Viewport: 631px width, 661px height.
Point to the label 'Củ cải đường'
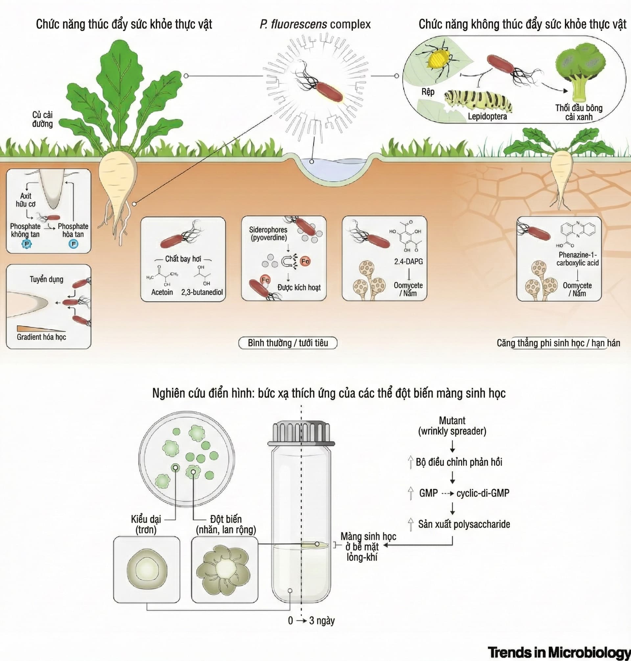[x=42, y=119]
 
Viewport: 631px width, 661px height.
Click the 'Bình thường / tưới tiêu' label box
[x=288, y=343]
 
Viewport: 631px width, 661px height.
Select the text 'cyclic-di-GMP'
[x=483, y=493]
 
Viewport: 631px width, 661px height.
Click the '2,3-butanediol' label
[x=202, y=292]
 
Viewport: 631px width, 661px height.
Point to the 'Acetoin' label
[x=162, y=292]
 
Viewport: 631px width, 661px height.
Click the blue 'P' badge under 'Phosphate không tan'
[x=26, y=244]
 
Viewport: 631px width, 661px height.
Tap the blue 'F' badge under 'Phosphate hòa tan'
[x=73, y=244]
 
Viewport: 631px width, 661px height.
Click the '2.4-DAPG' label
[x=408, y=261]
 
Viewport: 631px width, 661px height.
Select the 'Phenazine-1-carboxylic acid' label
[x=577, y=259]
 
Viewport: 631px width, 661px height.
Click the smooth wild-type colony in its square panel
[x=147, y=569]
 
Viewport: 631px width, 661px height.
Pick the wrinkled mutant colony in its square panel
[x=224, y=569]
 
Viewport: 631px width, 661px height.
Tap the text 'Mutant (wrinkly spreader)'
[x=452, y=426]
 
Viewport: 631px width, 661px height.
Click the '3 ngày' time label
[x=321, y=620]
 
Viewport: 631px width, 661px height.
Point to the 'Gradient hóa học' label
[x=41, y=337]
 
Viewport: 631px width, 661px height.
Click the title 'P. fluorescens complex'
[x=315, y=24]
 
